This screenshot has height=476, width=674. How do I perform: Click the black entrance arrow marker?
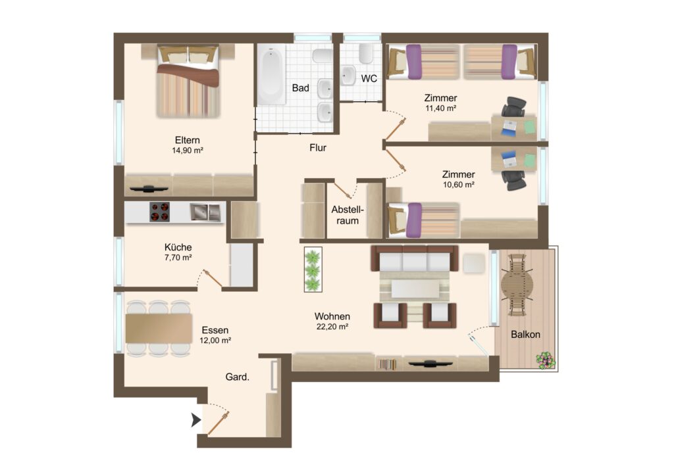click(x=196, y=420)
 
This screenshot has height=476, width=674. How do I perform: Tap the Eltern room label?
click(x=188, y=140)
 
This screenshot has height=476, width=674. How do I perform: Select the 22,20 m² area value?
click(x=332, y=327)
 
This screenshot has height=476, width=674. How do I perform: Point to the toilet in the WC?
click(x=366, y=53)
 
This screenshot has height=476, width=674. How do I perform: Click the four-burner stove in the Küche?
click(x=159, y=212)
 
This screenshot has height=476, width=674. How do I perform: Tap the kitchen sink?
click(x=205, y=212)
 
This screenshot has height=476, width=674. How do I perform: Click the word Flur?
click(x=318, y=148)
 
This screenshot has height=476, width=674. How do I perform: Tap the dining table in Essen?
click(x=159, y=328)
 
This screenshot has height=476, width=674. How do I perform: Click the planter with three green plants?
click(x=313, y=270)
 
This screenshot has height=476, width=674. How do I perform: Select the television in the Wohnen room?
click(x=430, y=364)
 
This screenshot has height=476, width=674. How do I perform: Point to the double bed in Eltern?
click(x=188, y=82)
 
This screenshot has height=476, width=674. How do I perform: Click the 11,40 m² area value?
click(x=440, y=108)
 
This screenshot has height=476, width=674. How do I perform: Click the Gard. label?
click(x=237, y=377)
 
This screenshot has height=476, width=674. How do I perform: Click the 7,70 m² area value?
click(x=178, y=258)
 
